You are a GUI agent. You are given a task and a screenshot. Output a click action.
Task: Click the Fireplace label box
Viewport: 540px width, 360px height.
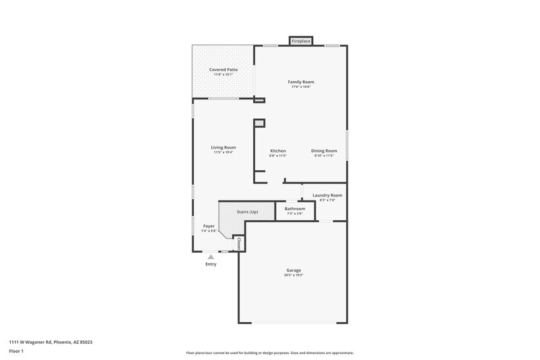pos(301,41)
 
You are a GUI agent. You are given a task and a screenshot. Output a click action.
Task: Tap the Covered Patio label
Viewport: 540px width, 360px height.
pos(223,69)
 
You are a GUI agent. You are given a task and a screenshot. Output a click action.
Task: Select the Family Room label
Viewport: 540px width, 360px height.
pos(301,82)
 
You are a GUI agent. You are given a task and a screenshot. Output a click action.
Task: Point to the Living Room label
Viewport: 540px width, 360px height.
pos(223,147)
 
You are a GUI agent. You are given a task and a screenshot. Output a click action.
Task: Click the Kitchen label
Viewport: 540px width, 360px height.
pos(278,151)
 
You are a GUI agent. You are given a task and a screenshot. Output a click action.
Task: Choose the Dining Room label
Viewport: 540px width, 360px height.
pos(324,151)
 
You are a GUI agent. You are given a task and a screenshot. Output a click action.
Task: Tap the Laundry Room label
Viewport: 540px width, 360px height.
pos(327,195)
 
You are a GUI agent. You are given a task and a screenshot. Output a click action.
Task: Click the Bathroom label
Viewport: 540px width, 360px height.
pos(295,209)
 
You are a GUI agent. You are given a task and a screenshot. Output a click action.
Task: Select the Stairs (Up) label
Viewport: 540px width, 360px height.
pos(247,212)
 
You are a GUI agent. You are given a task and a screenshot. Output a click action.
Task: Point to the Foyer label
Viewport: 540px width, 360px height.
pos(209,226)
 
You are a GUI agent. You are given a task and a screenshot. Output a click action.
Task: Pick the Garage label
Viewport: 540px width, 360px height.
pos(294,270)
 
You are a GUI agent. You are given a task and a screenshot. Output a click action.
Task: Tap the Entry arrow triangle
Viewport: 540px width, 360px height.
pos(211,257)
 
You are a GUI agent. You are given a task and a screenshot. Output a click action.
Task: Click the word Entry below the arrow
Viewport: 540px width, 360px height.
pos(211,264)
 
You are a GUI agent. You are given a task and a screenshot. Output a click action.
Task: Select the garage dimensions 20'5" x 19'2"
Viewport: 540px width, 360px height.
pos(294,275)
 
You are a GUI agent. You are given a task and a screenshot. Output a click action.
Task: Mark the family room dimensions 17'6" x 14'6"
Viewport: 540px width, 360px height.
pos(301,86)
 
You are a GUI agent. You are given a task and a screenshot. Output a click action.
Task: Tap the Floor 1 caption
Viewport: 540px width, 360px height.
pos(16,352)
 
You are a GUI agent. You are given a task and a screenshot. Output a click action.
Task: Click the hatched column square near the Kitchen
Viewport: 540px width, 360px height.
pos(259,123)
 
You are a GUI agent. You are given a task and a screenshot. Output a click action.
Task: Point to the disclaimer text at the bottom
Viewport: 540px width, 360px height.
pos(269,353)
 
